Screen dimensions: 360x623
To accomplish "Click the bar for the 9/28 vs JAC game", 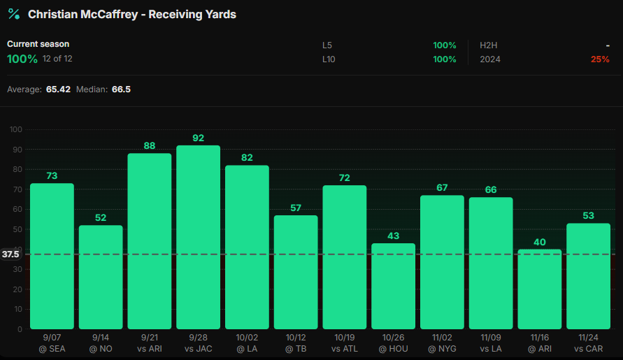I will click(198, 238).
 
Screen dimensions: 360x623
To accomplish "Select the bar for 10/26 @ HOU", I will click(393, 286).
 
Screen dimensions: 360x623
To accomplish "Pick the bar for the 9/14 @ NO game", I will click(101, 277).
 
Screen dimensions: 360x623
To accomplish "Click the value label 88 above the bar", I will click(150, 145).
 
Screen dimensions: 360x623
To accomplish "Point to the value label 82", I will click(247, 157).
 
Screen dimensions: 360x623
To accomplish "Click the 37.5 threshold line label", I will click(10, 254).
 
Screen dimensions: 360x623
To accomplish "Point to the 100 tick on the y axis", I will click(16, 129).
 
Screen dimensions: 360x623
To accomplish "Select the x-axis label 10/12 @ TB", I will click(296, 343).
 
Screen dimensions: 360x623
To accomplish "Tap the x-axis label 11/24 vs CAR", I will click(588, 343).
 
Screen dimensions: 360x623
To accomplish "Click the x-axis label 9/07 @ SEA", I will click(52, 343).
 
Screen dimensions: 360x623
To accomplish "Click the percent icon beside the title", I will click(13, 14).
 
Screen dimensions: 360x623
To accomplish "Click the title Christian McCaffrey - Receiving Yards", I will click(132, 14).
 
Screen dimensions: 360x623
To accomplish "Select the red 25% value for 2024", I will click(599, 59).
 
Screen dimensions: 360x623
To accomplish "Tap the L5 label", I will click(327, 45).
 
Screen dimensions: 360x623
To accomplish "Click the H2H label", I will click(488, 45).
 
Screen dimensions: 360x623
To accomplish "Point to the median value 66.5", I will click(121, 90).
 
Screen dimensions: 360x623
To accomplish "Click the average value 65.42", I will click(58, 90).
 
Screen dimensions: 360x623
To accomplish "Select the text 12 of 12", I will click(57, 59).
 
